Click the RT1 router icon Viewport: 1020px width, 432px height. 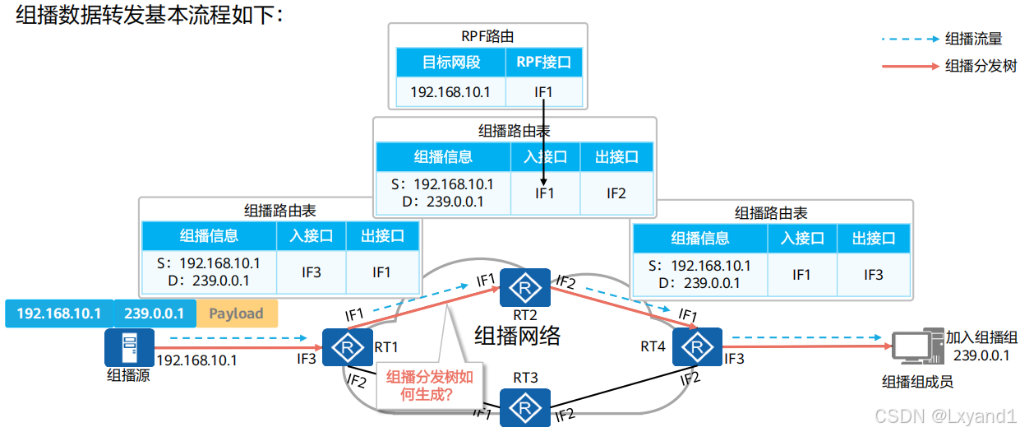tap(343, 347)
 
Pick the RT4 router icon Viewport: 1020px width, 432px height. tap(697, 347)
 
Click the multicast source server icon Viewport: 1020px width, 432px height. tap(123, 347)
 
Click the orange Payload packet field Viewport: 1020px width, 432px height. tap(236, 314)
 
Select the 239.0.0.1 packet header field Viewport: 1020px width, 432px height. tap(154, 314)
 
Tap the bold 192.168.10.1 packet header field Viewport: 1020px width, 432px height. tap(58, 314)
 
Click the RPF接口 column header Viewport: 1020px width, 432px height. tap(543, 62)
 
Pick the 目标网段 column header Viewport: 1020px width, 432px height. tap(451, 62)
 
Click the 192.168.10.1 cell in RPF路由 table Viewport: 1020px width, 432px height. tap(451, 92)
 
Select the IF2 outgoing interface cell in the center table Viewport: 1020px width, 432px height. tap(616, 193)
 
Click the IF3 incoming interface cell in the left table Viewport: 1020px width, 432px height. tap(312, 272)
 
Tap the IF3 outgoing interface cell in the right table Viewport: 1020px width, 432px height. tap(873, 274)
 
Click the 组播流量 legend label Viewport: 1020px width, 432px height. tap(973, 39)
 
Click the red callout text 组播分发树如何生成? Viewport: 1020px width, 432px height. tap(430, 386)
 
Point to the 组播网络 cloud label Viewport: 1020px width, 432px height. tap(518, 335)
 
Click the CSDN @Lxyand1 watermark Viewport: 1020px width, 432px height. tap(946, 416)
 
